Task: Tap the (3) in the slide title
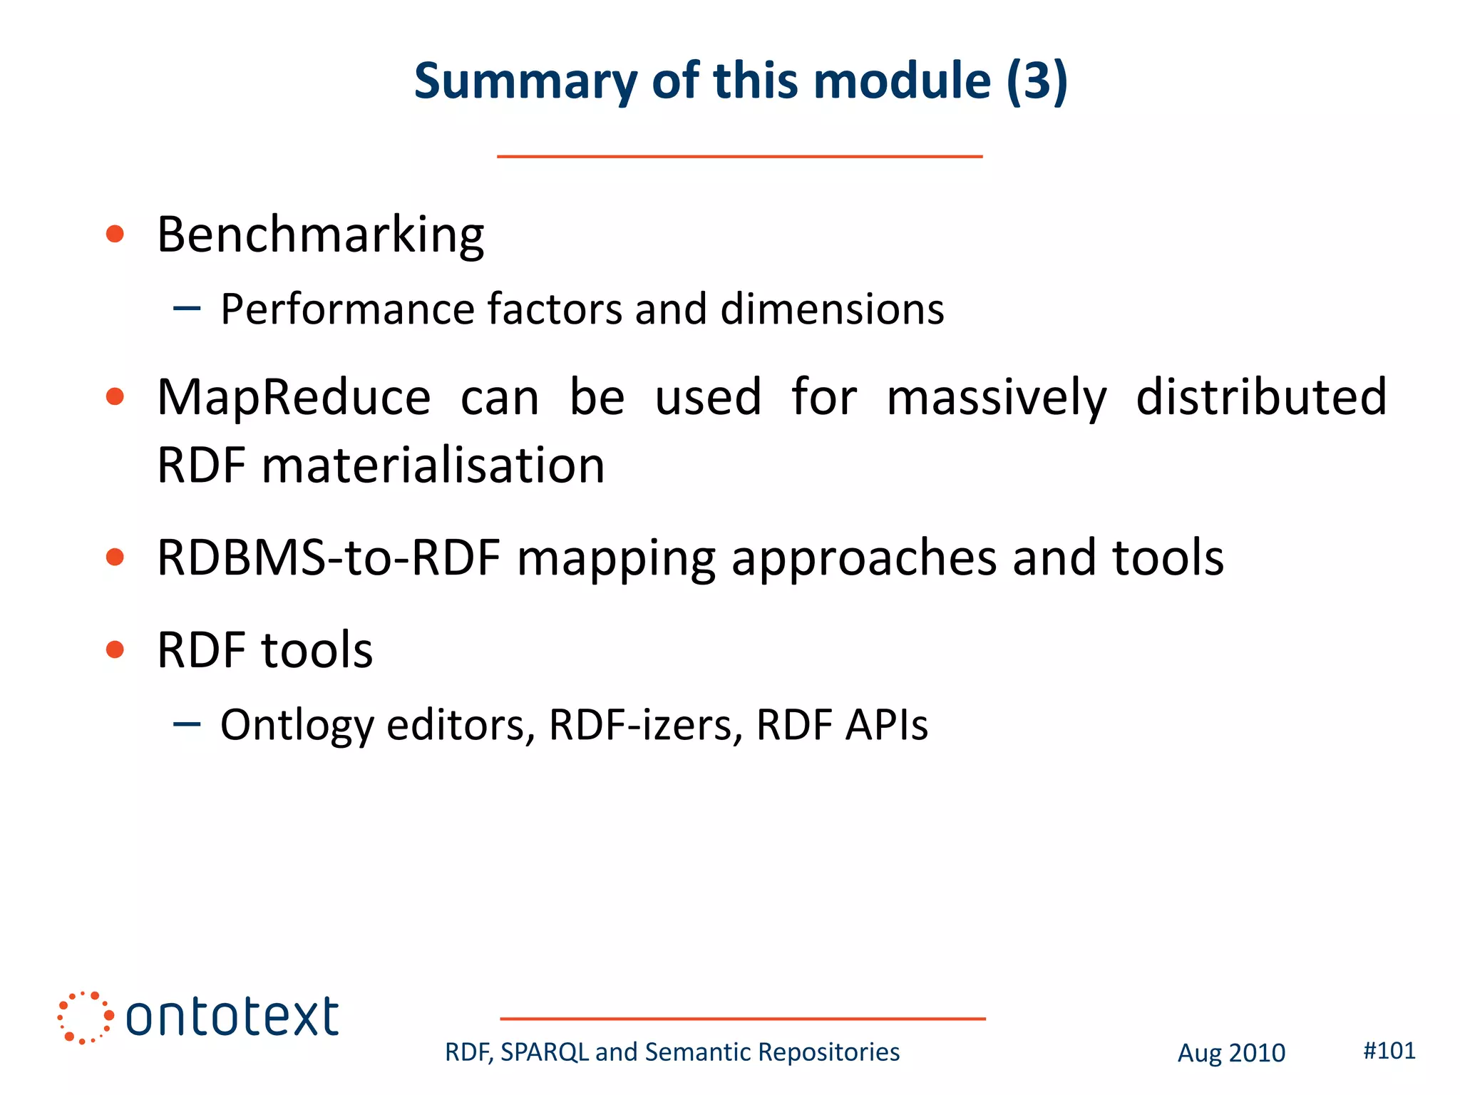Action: [x=1037, y=81]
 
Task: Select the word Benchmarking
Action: [x=320, y=235]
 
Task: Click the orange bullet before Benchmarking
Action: [x=115, y=234]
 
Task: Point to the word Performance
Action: [x=347, y=309]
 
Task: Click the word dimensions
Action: [x=832, y=309]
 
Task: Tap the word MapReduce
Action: [x=294, y=397]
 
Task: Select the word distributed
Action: [x=1261, y=397]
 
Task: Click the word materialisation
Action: [x=433, y=465]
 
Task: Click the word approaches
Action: [x=864, y=559]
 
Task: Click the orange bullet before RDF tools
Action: [x=115, y=649]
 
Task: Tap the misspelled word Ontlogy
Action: [x=297, y=726]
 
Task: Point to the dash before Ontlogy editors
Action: [x=187, y=725]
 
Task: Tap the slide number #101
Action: [x=1389, y=1050]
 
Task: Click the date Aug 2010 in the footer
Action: [x=1231, y=1053]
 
